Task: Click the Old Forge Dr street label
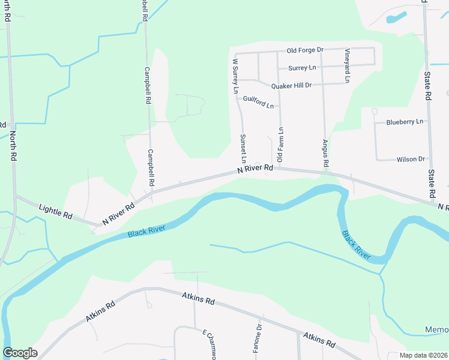coord(305,50)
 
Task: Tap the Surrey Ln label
coord(302,68)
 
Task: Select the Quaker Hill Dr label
coord(292,85)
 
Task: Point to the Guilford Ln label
coord(258,102)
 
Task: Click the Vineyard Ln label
coord(347,65)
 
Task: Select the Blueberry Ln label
coord(405,122)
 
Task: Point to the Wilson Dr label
coord(411,160)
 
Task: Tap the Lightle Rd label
coord(55,211)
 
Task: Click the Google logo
coord(20,353)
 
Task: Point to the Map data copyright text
coord(423,355)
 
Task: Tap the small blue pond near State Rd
coord(396,17)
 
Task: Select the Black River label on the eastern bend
coord(356,245)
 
